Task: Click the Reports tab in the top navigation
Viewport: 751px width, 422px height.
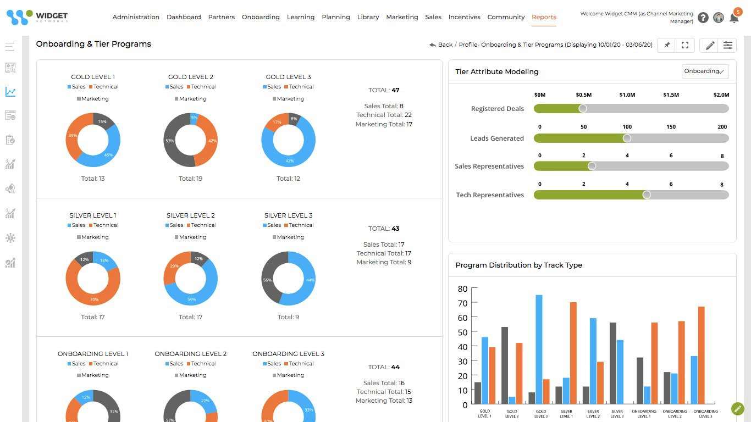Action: [544, 17]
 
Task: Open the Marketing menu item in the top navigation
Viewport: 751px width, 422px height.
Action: [402, 17]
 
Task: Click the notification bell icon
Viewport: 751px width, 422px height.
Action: [734, 18]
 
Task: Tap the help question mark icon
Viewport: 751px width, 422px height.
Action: [703, 18]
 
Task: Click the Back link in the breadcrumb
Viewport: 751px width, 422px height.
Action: [441, 45]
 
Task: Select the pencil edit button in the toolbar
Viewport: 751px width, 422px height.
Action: [710, 45]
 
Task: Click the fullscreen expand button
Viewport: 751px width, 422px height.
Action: [685, 45]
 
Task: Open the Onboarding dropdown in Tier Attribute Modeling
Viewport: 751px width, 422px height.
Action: [705, 71]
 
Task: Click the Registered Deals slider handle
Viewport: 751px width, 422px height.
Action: [583, 109]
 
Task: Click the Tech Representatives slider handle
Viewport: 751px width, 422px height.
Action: [647, 195]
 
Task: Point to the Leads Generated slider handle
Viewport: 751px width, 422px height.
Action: [627, 138]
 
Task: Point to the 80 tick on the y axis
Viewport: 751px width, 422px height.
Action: [462, 289]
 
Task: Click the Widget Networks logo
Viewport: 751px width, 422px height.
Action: [37, 17]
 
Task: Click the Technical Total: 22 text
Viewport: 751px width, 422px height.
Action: [384, 115]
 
